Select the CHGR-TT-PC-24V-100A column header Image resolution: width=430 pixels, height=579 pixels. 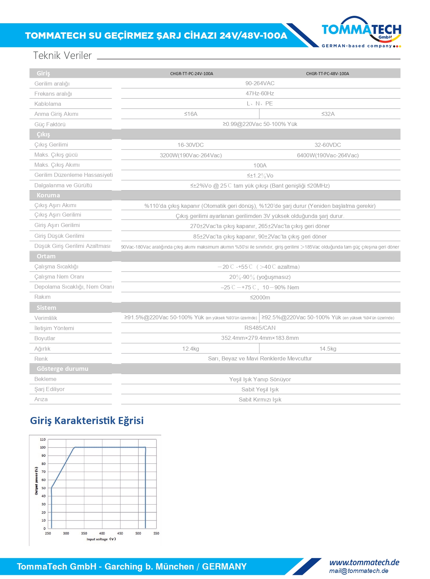(192, 73)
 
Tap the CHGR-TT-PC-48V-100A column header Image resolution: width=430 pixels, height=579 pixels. (327, 73)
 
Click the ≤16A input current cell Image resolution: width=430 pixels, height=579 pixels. (191, 114)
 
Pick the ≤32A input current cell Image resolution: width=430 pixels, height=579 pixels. (328, 114)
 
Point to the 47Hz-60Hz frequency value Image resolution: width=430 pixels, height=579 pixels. (260, 93)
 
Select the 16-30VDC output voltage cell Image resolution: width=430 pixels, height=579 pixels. (191, 145)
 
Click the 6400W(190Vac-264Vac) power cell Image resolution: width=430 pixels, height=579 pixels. (328, 155)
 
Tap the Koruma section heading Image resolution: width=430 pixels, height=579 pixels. (48, 195)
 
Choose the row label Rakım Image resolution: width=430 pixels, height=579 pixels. (42, 297)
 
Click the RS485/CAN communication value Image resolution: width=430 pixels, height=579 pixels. (260, 328)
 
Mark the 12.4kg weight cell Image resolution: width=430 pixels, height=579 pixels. (191, 349)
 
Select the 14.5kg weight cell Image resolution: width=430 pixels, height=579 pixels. (328, 349)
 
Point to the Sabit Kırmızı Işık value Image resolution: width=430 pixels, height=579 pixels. (260, 399)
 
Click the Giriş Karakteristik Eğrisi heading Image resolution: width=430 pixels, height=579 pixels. (87, 420)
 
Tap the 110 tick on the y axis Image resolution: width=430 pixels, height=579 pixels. (43, 440)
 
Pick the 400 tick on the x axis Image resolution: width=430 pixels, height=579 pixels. (102, 533)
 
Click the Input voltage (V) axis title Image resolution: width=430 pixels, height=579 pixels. (101, 539)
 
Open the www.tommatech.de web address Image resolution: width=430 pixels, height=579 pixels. (364, 562)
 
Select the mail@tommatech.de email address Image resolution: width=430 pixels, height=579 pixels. (359, 571)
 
